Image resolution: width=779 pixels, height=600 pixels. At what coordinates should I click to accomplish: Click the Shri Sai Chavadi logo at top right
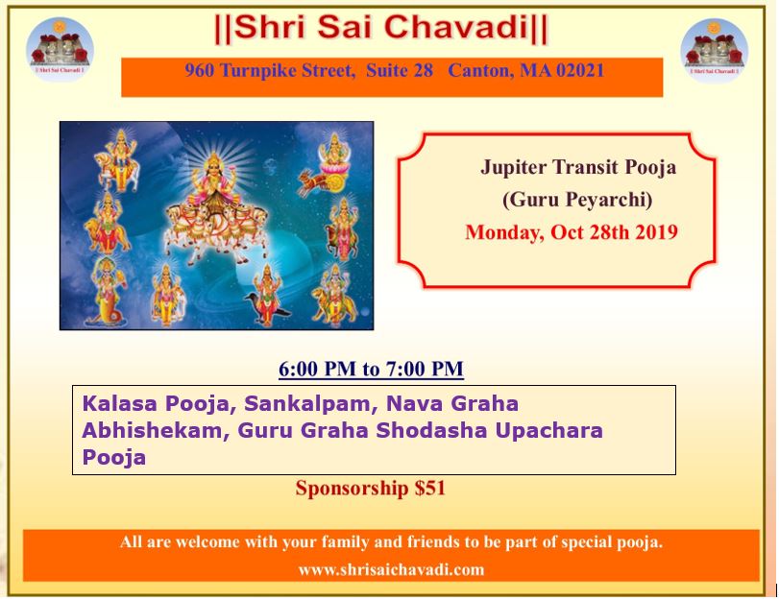point(714,49)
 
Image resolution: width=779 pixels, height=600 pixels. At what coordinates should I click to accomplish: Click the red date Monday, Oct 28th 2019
point(572,232)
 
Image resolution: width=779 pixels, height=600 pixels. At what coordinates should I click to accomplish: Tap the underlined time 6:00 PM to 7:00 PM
point(371,369)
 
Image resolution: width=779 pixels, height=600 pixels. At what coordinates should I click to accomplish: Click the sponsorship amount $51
point(429,488)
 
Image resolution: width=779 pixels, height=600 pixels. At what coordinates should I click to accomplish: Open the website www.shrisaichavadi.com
point(391,569)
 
